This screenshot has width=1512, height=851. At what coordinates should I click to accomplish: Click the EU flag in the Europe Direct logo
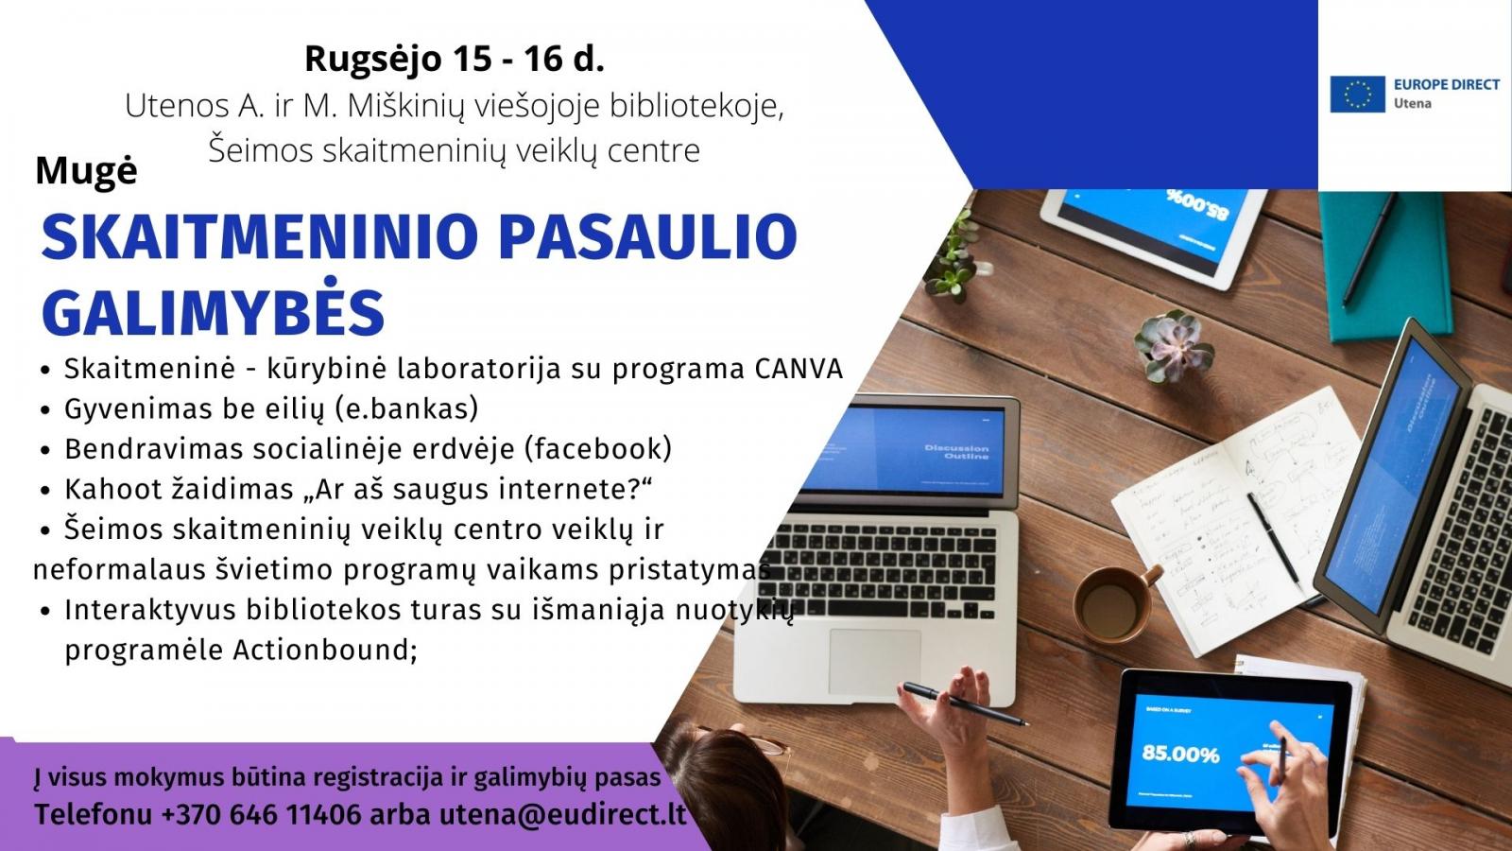coord(1357,94)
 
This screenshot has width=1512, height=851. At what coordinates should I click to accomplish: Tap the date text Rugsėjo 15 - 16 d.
coord(455,59)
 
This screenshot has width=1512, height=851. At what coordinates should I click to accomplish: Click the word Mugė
coord(86,171)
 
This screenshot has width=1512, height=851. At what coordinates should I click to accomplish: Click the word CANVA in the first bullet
coord(799,370)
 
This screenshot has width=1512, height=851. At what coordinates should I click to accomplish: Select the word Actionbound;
coord(325,650)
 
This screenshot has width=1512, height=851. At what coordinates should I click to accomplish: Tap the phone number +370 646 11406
coord(261,814)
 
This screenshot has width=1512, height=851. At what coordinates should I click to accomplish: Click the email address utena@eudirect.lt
coord(563,814)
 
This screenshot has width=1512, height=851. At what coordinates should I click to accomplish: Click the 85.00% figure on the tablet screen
coord(1180,754)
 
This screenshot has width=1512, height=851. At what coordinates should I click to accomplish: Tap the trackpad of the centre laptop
coord(875,663)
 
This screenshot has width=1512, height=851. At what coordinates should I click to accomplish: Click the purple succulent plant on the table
coord(1173,344)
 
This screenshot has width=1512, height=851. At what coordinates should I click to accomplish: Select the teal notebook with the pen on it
coord(1383,265)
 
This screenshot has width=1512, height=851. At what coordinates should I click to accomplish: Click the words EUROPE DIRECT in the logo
coord(1447,84)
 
